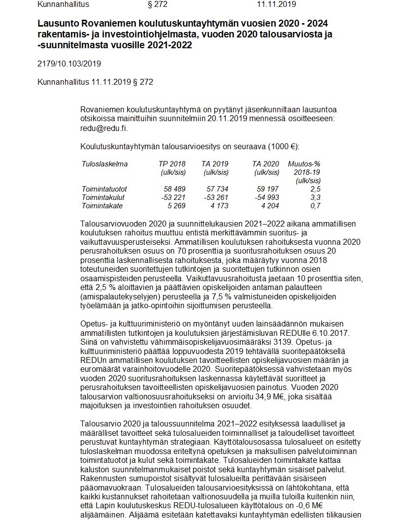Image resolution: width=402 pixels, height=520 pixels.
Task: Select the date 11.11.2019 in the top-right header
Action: [276, 4]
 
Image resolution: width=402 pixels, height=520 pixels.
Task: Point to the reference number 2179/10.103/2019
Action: [69, 64]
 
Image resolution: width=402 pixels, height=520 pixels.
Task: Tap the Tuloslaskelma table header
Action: [104, 164]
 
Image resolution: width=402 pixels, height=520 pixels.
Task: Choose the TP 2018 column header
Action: [172, 164]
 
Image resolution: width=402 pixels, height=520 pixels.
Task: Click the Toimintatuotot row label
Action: [104, 189]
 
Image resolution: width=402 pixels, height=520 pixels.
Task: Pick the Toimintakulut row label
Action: [103, 197]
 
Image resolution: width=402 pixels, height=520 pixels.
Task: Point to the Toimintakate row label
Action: [102, 206]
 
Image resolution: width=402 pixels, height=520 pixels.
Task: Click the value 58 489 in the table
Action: [174, 189]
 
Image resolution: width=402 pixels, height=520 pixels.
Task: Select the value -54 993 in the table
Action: [267, 197]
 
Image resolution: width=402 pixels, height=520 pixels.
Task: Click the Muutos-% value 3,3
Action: [316, 197]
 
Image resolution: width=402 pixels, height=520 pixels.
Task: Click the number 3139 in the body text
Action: [268, 341]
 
